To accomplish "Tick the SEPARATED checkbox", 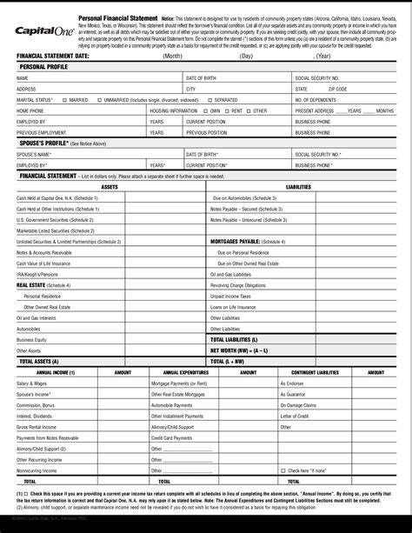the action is click(213, 100).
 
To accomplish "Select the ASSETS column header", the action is click(110, 187).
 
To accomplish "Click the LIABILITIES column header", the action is click(298, 187).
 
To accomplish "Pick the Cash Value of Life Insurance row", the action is click(44, 263).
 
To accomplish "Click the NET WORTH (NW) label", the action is click(236, 350).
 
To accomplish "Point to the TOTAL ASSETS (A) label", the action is click(39, 360).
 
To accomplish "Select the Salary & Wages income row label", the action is click(31, 383).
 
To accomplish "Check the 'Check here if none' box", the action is click(282, 469).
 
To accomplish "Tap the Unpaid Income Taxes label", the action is click(229, 296).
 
